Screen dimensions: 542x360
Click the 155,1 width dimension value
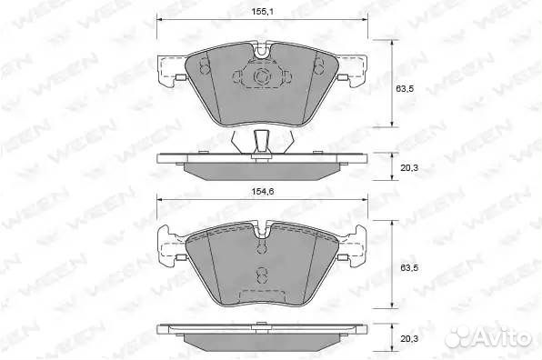coord(262,12)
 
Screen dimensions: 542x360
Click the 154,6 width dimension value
coord(262,192)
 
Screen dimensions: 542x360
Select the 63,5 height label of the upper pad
coord(405,88)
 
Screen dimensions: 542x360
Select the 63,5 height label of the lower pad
coord(409,268)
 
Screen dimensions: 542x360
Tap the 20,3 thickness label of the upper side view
coord(409,168)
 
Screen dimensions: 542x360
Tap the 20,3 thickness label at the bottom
coord(409,338)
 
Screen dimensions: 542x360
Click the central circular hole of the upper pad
coord(261,76)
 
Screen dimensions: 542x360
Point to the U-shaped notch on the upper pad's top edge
coord(262,51)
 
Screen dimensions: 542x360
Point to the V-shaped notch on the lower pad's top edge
coord(262,230)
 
